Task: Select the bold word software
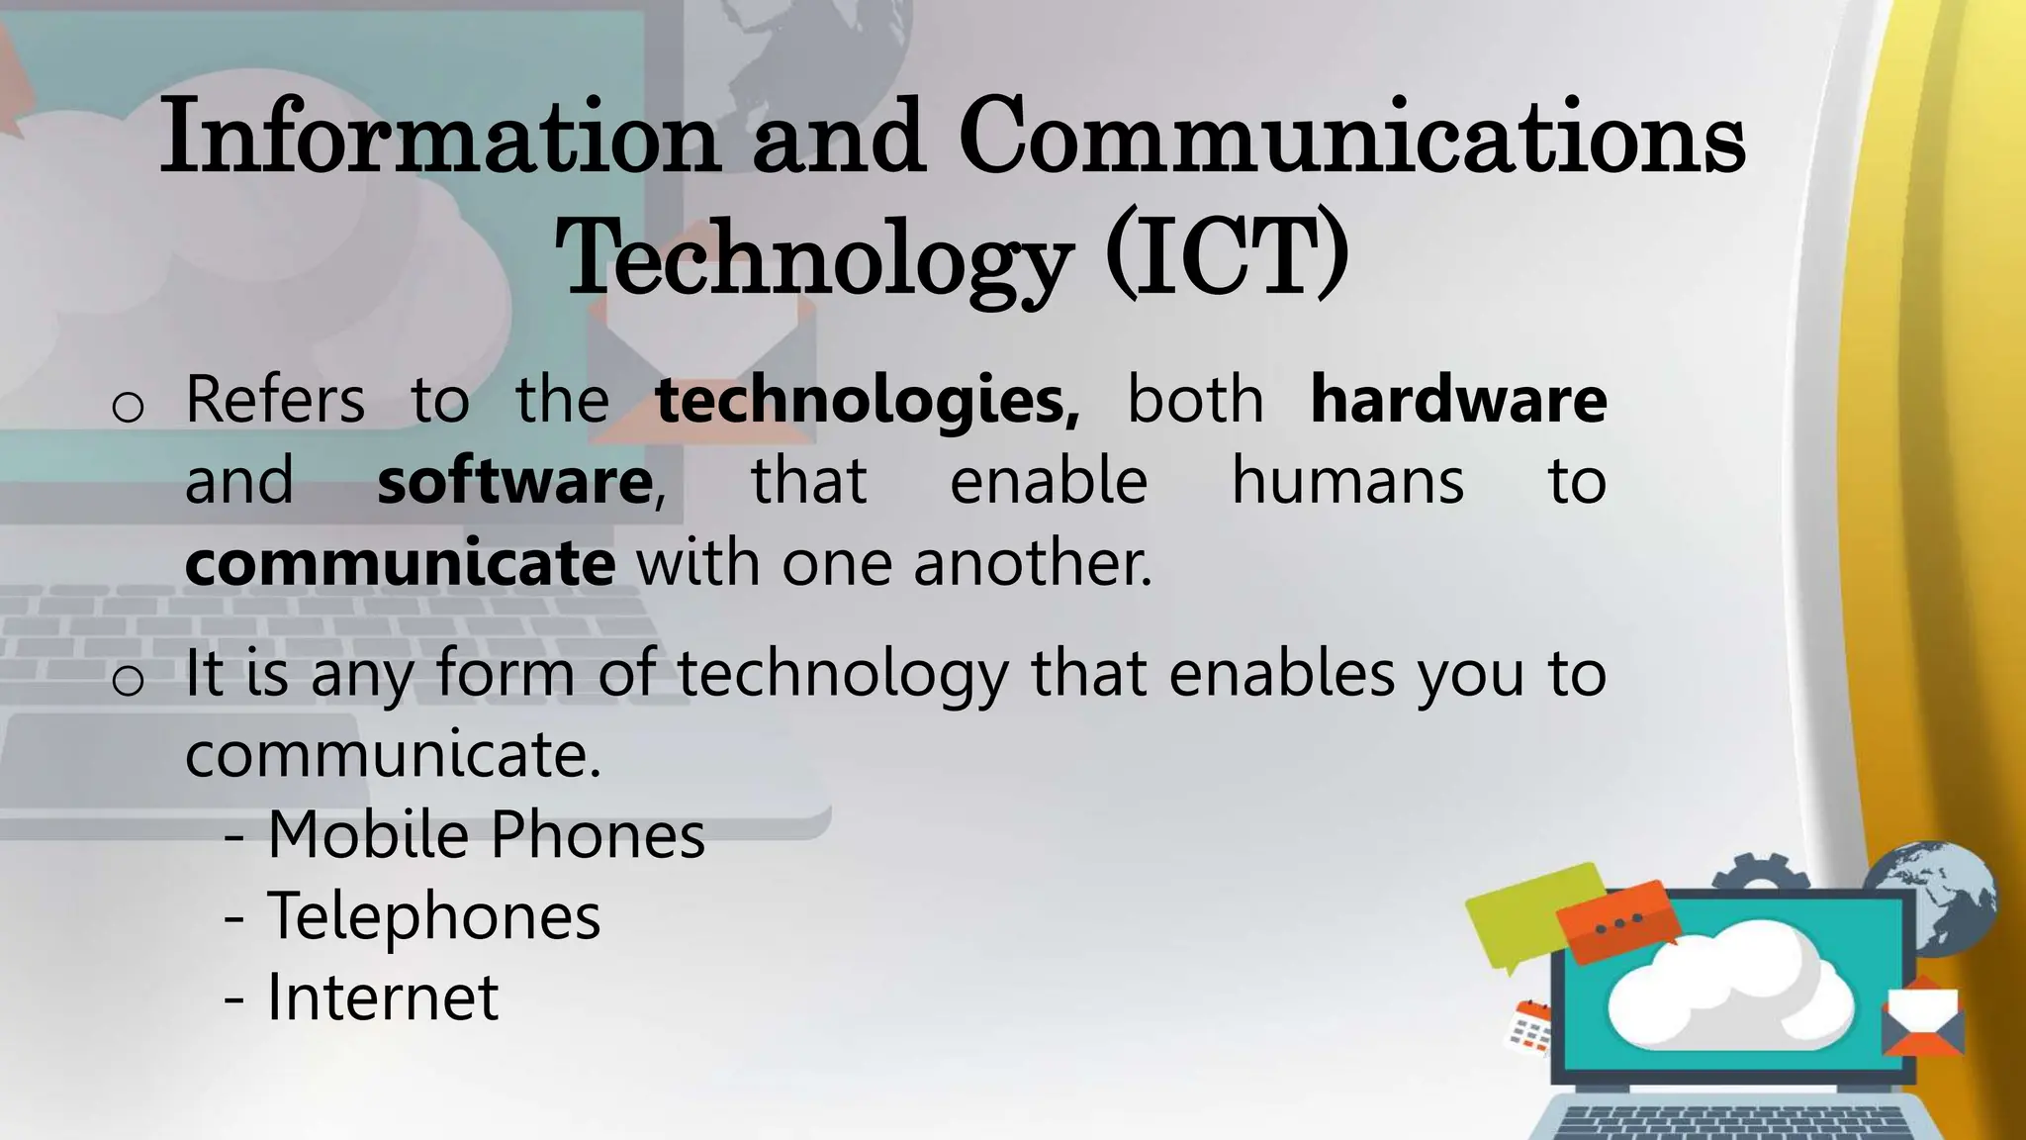pyautogui.click(x=514, y=482)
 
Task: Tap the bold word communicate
pyautogui.click(x=400, y=564)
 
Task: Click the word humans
pyautogui.click(x=1347, y=482)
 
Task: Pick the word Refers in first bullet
pyautogui.click(x=275, y=400)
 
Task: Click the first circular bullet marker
pyautogui.click(x=129, y=407)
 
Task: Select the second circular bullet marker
pyautogui.click(x=129, y=680)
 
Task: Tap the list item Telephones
pyautogui.click(x=433, y=915)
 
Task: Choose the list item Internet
pyautogui.click(x=382, y=997)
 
